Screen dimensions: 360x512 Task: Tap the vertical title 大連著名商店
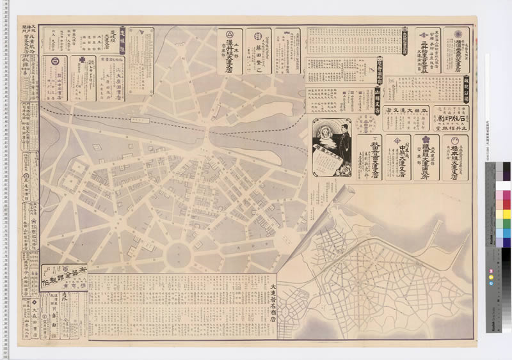tap(274, 303)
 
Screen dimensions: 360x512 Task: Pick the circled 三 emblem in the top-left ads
tap(55, 62)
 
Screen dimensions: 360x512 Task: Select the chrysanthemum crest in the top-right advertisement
tap(456, 34)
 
